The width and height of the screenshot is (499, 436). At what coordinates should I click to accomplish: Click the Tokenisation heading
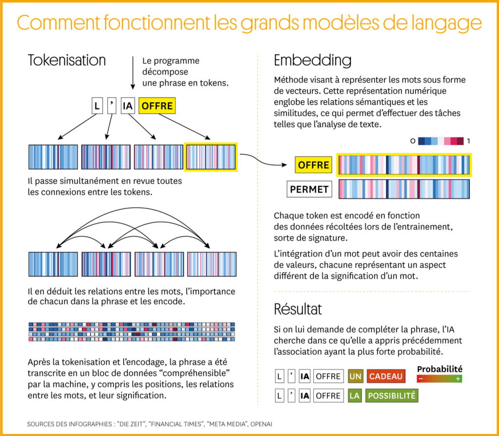click(67, 60)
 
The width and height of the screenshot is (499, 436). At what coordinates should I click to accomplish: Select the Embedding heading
click(312, 60)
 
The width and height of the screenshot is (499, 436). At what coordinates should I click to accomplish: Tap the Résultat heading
click(298, 309)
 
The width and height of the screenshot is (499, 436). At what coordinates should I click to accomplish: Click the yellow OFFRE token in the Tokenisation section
click(156, 106)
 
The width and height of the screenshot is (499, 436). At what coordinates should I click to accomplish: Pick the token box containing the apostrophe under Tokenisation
click(112, 106)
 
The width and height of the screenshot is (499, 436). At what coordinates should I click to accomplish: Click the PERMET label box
click(309, 189)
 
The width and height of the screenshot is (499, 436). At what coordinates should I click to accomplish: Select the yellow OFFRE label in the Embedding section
click(313, 165)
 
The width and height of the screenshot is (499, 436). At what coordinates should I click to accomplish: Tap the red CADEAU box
click(386, 376)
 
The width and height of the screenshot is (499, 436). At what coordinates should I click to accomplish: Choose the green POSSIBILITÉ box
click(392, 396)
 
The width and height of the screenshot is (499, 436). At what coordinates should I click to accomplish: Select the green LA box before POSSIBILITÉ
click(354, 396)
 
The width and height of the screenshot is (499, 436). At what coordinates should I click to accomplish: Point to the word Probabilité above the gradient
click(440, 369)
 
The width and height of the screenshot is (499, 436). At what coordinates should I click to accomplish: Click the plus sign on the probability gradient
click(458, 379)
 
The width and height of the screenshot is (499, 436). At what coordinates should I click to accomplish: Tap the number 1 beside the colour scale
click(468, 141)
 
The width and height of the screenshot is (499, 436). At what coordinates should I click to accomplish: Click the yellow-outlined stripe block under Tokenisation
click(211, 157)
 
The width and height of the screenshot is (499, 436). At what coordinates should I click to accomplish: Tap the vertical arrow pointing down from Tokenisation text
click(133, 73)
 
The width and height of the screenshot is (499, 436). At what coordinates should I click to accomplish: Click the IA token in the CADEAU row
click(305, 376)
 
